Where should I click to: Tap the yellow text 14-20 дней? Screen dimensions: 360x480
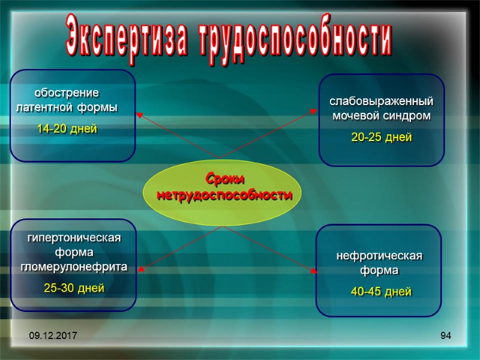[x=67, y=129]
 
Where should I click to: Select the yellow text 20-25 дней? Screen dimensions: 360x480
[x=382, y=138]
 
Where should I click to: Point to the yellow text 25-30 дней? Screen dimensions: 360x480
[x=74, y=288]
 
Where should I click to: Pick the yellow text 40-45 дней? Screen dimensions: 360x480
[x=381, y=292]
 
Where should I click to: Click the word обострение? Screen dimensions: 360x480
[x=66, y=94]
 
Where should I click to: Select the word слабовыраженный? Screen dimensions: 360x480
[x=381, y=101]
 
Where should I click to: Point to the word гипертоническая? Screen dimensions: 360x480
[x=74, y=238]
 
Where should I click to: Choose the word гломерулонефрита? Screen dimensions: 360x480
[x=74, y=267]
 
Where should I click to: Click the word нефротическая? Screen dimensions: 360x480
[x=379, y=256]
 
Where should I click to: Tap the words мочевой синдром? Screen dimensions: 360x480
[x=382, y=116]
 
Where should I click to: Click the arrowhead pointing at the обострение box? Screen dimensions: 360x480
[x=140, y=115]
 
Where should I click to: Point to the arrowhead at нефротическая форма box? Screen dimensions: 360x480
[x=313, y=271]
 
